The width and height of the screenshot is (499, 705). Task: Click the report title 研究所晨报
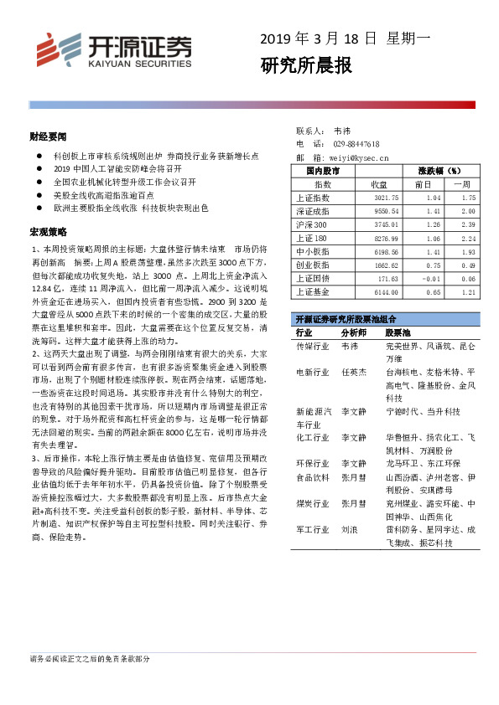coord(305,65)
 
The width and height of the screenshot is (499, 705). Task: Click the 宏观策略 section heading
coord(47,231)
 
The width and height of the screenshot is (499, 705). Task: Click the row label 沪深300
coord(312,224)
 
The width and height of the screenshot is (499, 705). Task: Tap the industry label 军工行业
coord(312,530)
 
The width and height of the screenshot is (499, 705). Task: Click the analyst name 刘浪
coord(350,530)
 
